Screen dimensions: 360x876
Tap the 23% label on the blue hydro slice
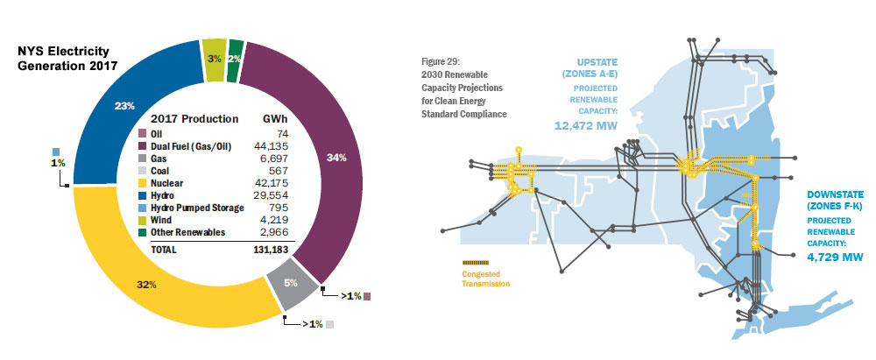(x=124, y=106)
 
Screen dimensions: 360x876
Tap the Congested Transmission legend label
(x=485, y=279)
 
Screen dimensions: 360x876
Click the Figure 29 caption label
(x=441, y=63)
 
